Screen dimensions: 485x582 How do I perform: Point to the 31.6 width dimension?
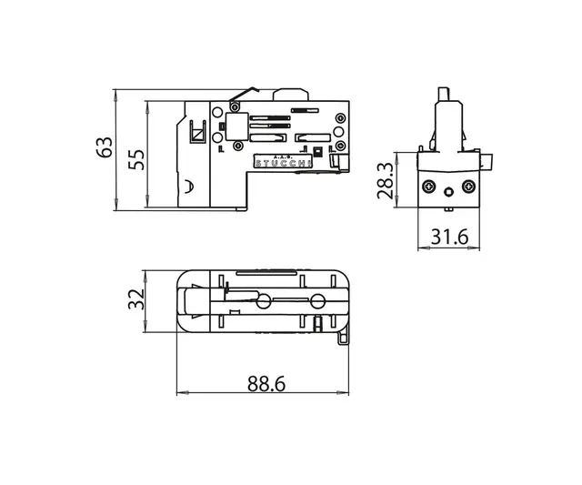click(x=448, y=237)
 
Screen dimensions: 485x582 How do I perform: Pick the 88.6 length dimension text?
click(x=266, y=385)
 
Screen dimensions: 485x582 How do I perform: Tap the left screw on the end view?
click(x=428, y=187)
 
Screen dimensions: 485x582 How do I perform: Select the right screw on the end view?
click(x=467, y=187)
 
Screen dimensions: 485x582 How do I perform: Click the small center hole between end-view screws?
click(x=448, y=193)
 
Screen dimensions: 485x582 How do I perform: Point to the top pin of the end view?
click(x=444, y=94)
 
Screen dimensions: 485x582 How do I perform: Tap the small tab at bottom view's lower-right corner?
click(x=345, y=336)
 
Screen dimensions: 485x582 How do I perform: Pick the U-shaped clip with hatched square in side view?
click(x=196, y=132)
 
